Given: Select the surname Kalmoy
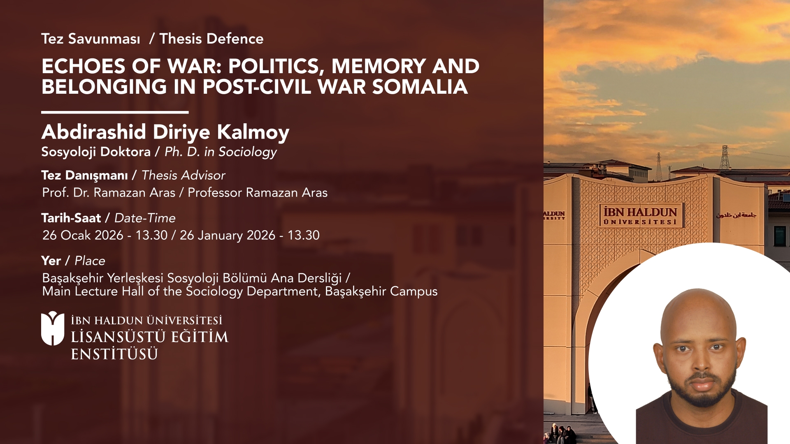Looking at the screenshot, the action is (253, 132).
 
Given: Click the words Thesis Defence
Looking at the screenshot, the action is (211, 39).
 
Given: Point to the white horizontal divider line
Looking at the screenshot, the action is (115, 112).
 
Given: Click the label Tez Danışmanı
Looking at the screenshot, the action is (84, 176).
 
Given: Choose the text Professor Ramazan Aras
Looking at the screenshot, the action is (258, 192).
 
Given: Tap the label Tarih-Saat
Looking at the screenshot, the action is (71, 218).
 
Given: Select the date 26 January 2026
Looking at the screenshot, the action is (228, 235).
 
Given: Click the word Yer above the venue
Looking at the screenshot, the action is (51, 261).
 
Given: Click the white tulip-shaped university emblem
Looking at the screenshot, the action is (53, 328).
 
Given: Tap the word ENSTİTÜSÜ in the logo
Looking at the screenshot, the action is (114, 354).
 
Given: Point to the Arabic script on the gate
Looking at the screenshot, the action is (736, 215).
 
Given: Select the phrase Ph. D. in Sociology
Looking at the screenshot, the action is (221, 152).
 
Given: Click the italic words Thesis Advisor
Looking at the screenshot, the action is (184, 176).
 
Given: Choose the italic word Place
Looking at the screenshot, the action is (90, 261).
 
